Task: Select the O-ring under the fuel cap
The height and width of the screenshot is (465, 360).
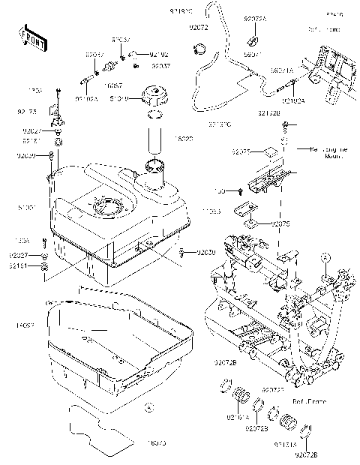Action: pos(156,115)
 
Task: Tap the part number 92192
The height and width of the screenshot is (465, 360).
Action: pos(158,54)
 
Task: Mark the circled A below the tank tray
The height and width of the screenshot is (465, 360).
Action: pos(148,407)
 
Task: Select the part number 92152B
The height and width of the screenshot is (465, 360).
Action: pos(270,113)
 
